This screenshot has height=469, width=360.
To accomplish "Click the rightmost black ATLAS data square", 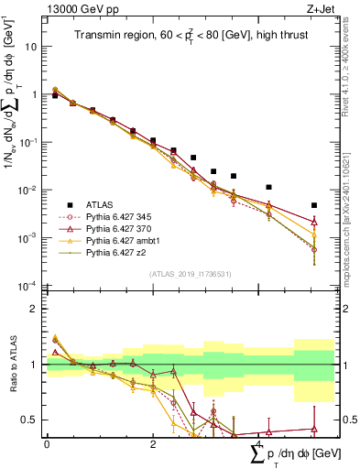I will click(x=314, y=205).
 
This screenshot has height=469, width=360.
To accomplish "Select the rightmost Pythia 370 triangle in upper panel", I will click(x=314, y=222).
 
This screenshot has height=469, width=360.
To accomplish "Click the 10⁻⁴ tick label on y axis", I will click(x=28, y=286).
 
